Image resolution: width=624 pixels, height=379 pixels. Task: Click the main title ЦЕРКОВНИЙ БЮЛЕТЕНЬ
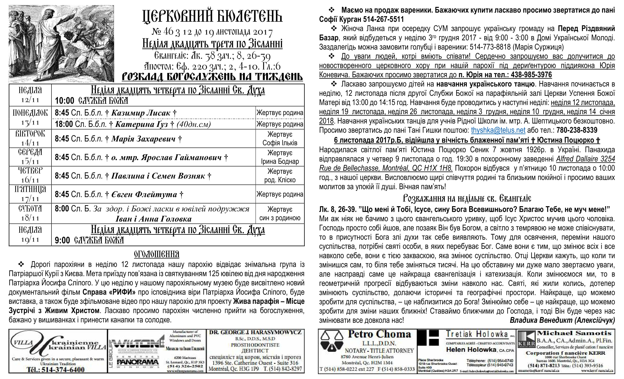212,17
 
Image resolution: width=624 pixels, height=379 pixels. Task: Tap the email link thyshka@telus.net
498,130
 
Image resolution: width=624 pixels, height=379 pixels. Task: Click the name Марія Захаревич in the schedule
143,139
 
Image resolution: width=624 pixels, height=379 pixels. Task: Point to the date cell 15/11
30,161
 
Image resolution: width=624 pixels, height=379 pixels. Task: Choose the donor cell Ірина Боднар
280,161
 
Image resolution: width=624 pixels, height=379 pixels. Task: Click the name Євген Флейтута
144,195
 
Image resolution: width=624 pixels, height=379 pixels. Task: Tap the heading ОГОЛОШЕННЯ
156,254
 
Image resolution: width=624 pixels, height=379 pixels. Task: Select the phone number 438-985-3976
531,75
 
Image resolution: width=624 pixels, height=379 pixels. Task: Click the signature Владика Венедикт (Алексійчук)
562,320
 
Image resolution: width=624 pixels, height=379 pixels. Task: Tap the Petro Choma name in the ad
379,334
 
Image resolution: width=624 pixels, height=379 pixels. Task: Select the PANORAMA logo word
138,362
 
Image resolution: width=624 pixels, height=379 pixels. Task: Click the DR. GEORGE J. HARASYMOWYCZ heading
255,332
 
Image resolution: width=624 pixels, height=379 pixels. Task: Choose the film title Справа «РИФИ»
109,292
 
